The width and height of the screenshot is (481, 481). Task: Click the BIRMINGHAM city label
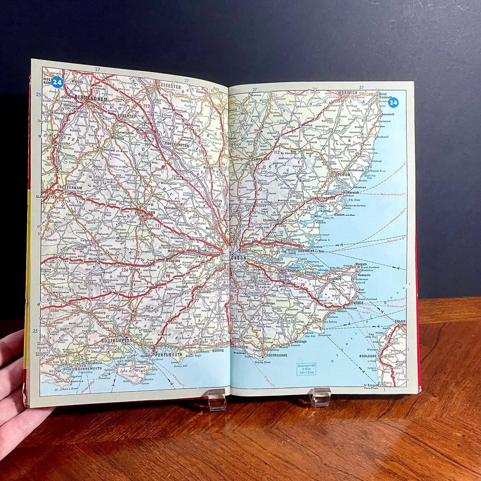click(x=91, y=98)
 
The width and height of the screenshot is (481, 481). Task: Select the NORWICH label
click(x=347, y=92)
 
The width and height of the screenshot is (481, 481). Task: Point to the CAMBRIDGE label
click(x=260, y=159)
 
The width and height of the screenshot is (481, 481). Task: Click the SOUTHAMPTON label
click(x=117, y=340)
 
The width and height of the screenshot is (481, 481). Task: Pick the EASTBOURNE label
click(x=276, y=355)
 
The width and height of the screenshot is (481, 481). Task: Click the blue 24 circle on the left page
click(x=57, y=82)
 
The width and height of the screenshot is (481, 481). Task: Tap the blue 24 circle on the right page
click(x=393, y=103)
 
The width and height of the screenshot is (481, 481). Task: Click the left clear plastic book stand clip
click(x=217, y=400)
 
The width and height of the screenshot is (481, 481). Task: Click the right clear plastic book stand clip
click(x=320, y=397)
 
